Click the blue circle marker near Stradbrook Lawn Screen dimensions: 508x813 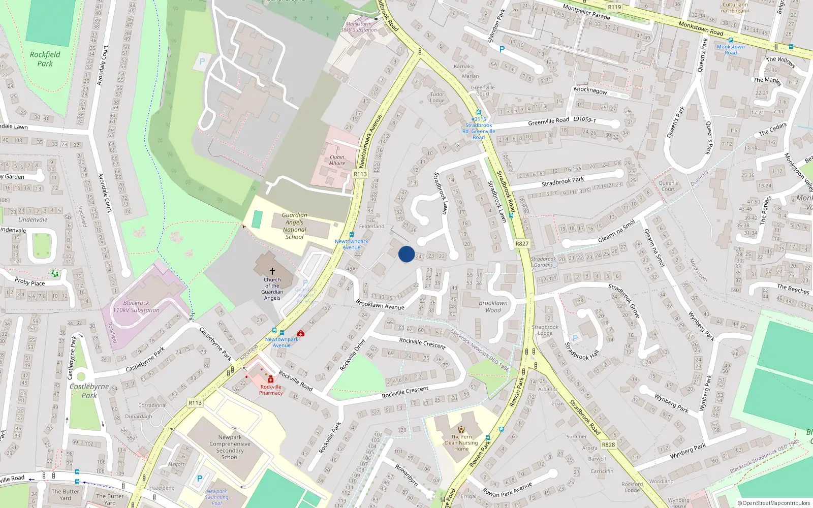(x=407, y=254)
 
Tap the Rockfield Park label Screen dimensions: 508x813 (x=45, y=59)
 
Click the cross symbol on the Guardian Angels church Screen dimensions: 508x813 (x=272, y=271)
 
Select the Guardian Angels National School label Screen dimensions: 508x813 (x=294, y=226)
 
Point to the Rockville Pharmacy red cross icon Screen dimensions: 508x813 (x=271, y=379)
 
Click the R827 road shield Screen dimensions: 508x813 (x=522, y=244)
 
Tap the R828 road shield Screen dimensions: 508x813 (x=608, y=444)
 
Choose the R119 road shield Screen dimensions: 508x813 (x=614, y=7)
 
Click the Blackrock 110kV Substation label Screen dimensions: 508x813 (x=136, y=306)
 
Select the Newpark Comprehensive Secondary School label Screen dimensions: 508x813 (x=230, y=447)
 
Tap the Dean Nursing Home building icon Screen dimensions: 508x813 (x=461, y=430)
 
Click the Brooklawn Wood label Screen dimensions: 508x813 (x=493, y=306)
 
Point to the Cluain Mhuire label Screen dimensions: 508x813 (x=337, y=160)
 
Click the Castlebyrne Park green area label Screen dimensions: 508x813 (x=89, y=391)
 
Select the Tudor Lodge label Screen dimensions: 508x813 (x=437, y=97)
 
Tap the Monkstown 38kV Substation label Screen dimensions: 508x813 (x=359, y=27)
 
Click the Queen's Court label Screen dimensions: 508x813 (x=668, y=186)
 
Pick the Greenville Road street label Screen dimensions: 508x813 (x=548, y=121)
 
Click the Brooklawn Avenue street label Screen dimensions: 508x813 (x=380, y=304)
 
